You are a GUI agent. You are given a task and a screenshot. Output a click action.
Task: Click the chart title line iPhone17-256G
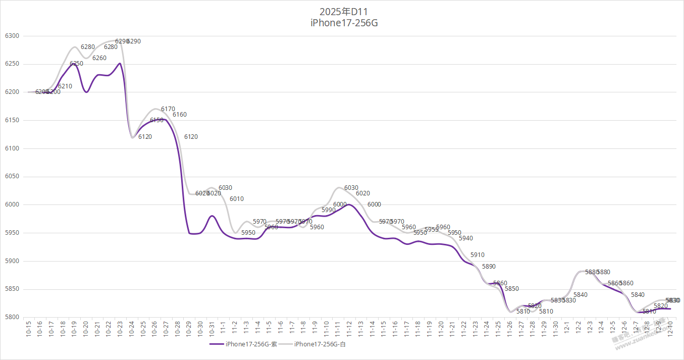pos(344,23)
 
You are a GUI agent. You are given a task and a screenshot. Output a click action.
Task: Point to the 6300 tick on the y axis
pos(12,36)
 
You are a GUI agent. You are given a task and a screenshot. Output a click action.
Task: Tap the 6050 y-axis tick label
pos(12,177)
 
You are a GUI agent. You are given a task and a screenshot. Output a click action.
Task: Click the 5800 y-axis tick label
pos(12,318)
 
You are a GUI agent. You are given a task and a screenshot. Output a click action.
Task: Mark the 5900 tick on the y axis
pos(12,261)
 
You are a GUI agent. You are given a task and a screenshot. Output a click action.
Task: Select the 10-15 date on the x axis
pos(28,329)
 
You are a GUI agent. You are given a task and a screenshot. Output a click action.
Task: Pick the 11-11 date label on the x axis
pos(337,329)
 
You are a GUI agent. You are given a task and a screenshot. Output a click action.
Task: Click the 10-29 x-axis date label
pos(188,329)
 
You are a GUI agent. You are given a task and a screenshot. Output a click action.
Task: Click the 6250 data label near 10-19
pos(76,64)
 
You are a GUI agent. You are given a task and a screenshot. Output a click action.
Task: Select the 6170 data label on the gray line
pos(168,109)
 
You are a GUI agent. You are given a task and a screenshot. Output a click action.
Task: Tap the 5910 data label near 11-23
pos(477,255)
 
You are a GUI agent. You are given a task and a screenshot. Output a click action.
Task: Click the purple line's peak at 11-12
pos(348,204)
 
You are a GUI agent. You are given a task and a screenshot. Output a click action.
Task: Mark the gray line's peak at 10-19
pos(74,47)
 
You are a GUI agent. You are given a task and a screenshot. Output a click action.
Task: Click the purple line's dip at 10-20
pos(86,92)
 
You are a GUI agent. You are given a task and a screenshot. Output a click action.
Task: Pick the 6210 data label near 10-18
pos(65,86)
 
